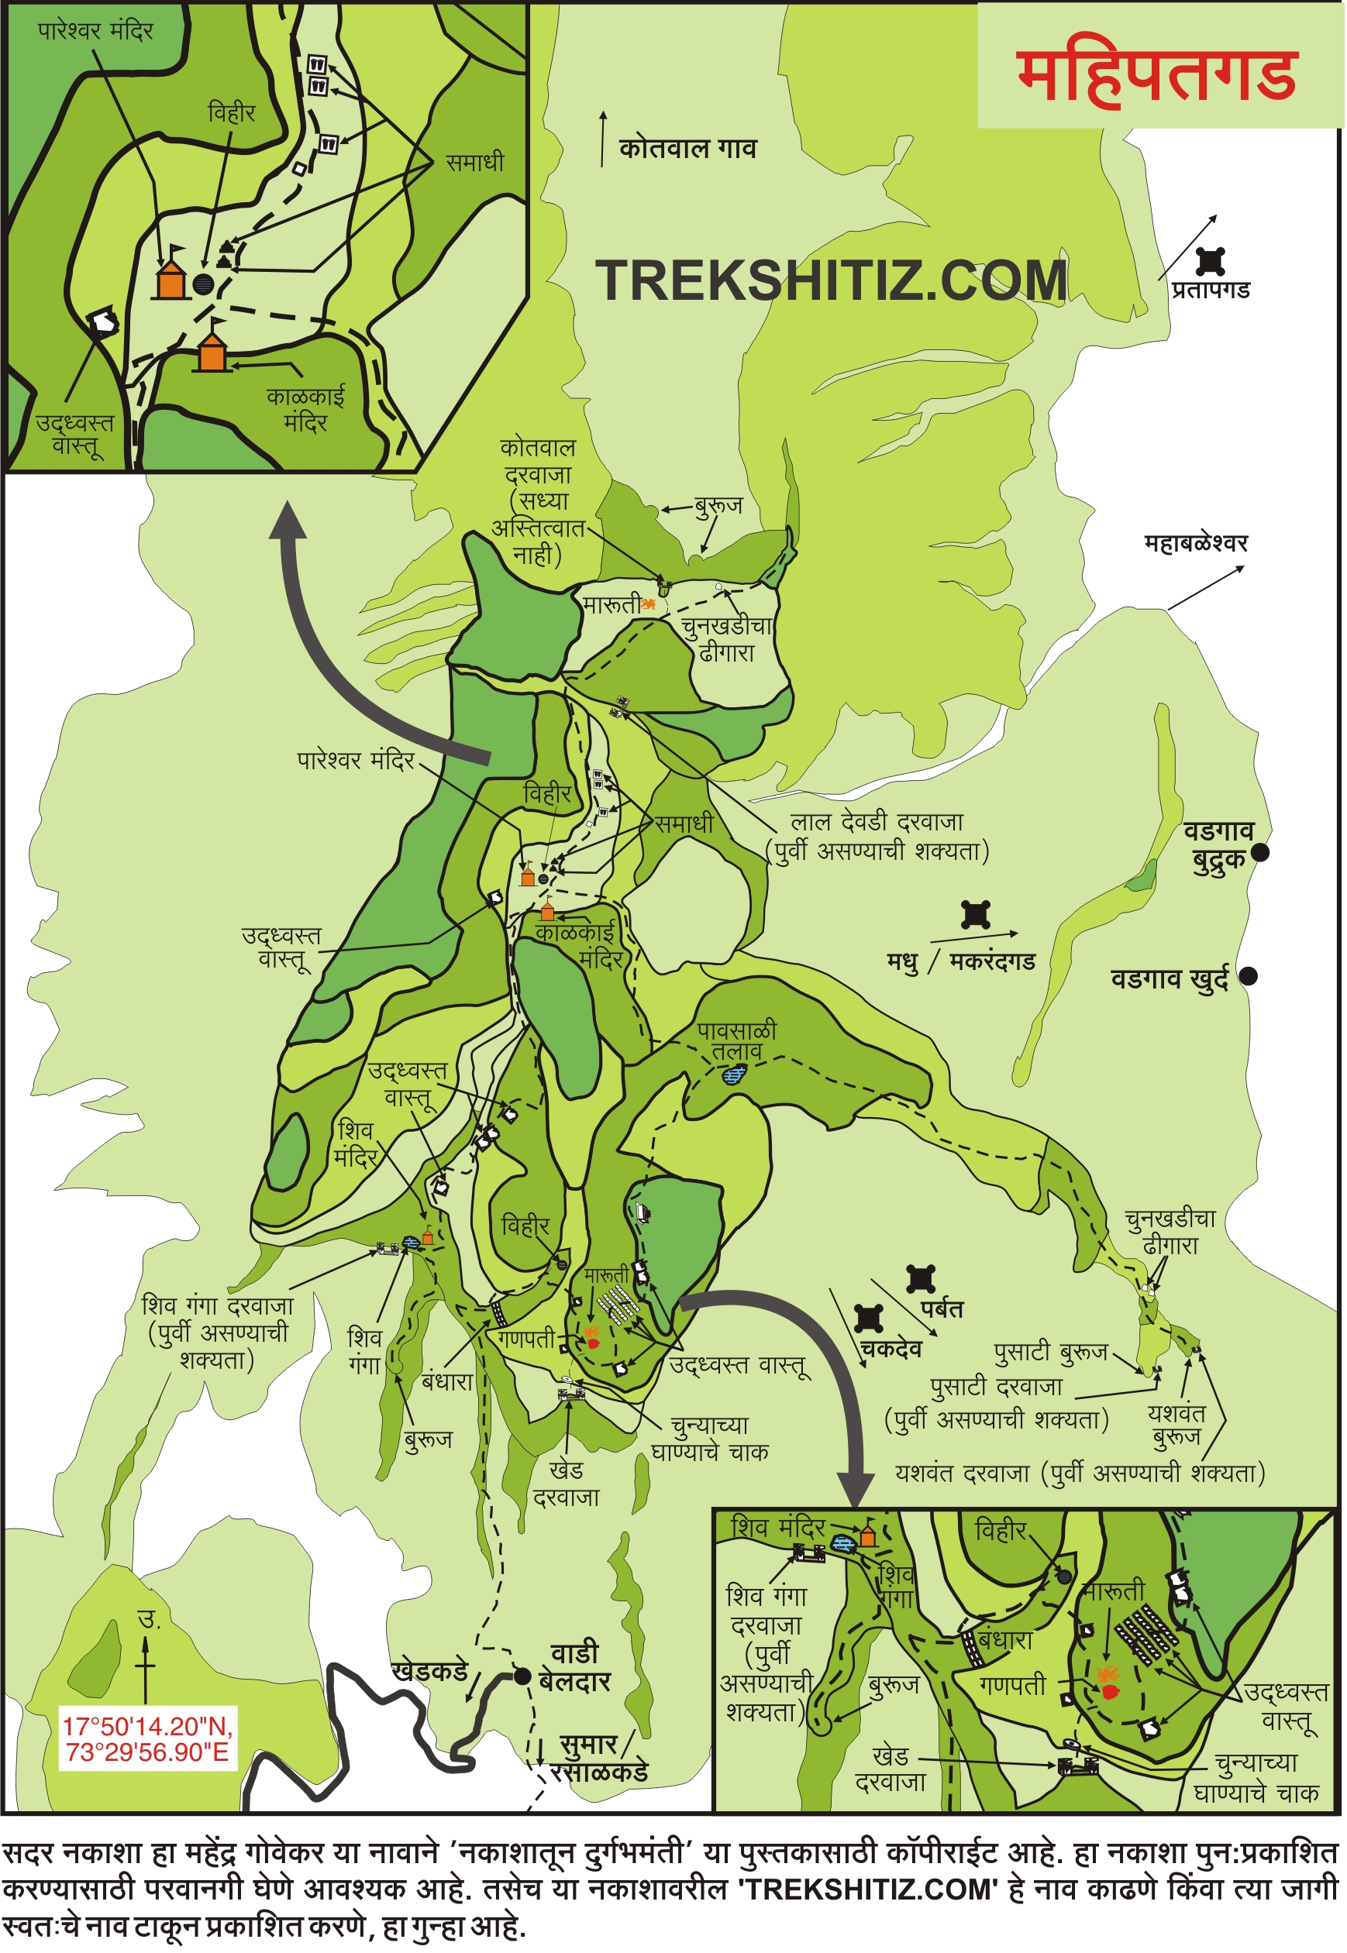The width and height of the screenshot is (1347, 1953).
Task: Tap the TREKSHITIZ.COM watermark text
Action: point(832,280)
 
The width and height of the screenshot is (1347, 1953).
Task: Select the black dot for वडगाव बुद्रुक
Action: point(1260,853)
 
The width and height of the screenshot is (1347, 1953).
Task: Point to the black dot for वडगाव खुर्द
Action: point(1248,976)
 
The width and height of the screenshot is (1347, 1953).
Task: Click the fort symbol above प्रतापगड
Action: point(1211,262)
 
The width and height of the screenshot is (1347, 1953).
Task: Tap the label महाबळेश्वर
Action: point(1195,542)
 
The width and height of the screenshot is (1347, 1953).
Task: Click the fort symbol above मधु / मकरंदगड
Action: point(976,914)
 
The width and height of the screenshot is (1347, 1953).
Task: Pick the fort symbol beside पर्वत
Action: point(920,1279)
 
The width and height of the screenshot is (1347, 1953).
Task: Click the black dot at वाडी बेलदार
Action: point(523,1676)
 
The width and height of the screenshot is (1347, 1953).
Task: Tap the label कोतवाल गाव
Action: point(688,149)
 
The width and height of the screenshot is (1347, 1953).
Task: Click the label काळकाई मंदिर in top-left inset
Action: point(305,409)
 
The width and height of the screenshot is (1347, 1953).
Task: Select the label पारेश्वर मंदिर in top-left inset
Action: point(95,31)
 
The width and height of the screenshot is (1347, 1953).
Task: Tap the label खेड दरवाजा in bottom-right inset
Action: point(891,1769)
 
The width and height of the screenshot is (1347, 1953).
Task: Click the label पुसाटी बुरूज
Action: point(1051,1353)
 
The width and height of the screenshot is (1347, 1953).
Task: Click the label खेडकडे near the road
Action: point(429,1671)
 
